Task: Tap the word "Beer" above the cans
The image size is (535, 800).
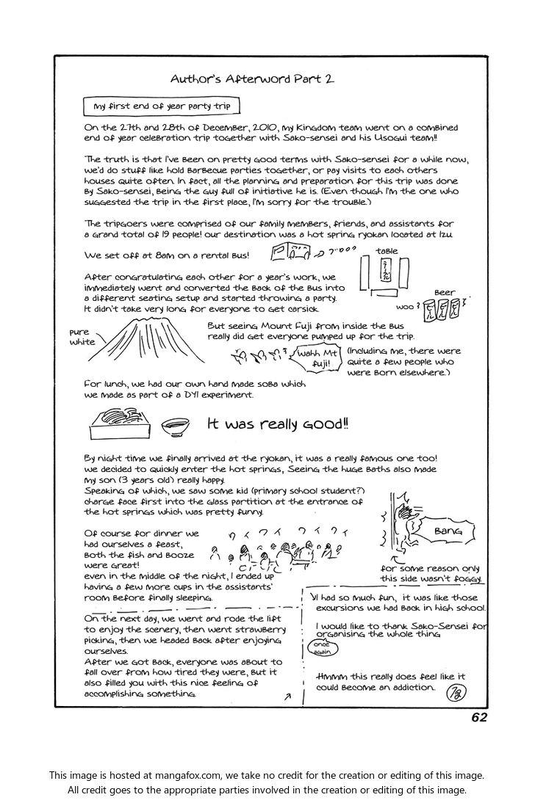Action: (445, 292)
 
